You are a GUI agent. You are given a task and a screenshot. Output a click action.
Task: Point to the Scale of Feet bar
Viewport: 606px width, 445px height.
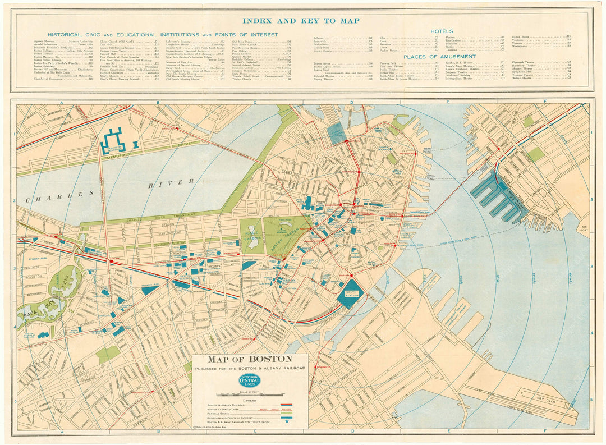pos(250,394)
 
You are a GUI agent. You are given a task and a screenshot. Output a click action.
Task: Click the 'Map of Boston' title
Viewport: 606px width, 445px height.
pos(250,359)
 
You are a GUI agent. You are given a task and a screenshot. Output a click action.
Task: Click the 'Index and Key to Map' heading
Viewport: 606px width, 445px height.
pos(301,21)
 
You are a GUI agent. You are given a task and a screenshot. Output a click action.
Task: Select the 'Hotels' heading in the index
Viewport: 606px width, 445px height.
pos(442,31)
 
